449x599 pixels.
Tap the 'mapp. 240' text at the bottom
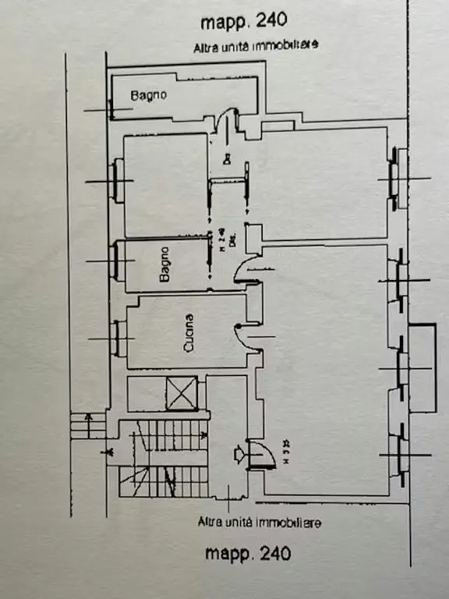coord(248,553)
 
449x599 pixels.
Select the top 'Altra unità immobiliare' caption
coord(256,47)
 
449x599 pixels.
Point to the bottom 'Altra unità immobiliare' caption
coord(260,523)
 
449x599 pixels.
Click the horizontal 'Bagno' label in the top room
coord(147,96)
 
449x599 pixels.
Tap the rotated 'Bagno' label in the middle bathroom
coord(165,267)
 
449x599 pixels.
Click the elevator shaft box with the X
coord(182,392)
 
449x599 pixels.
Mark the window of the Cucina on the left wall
coord(118,338)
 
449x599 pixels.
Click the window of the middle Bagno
coord(118,261)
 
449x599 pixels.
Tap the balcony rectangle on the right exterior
coord(422,367)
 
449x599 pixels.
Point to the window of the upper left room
coord(118,181)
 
